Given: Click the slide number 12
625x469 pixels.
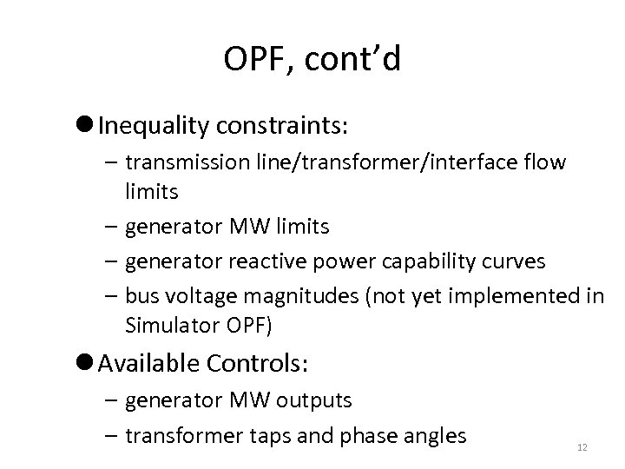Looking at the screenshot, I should coord(582,447).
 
